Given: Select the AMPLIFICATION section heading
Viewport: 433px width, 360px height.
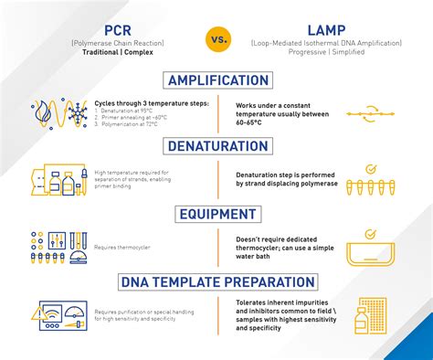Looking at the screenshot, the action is click(216, 80).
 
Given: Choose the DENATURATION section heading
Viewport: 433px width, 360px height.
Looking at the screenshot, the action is click(216, 146).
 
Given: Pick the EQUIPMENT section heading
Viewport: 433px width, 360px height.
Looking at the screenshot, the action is click(216, 214).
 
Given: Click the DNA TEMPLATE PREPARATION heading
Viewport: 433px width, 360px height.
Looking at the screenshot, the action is click(216, 281).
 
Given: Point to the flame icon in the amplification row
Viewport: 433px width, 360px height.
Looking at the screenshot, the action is click(40, 111).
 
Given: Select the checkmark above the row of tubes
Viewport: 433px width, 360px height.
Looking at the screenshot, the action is click(371, 169).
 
